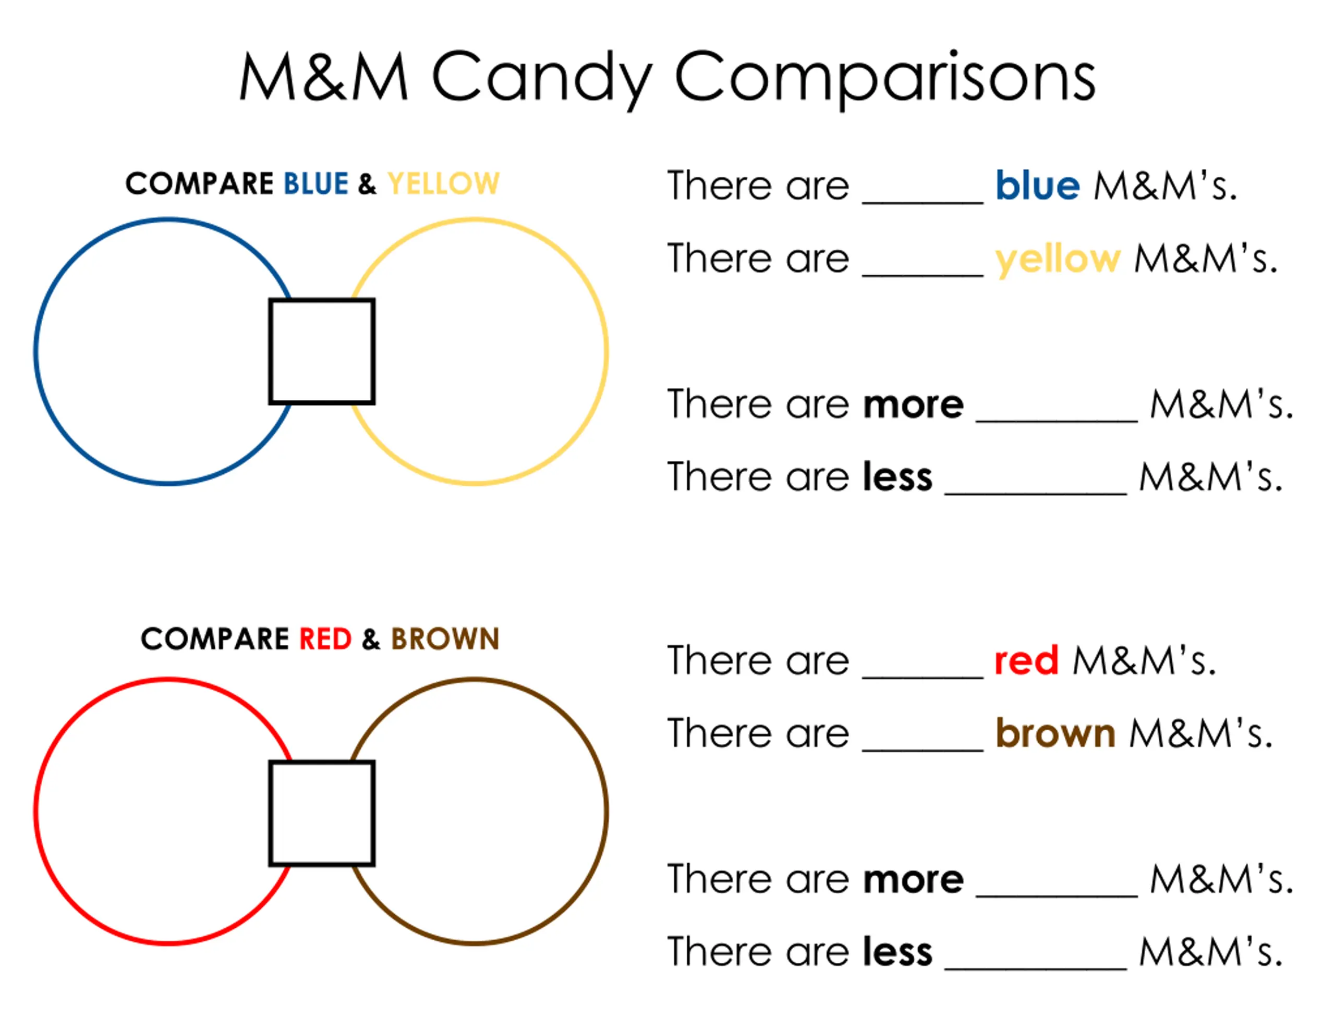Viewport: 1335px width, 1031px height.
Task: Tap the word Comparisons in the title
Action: [x=885, y=79]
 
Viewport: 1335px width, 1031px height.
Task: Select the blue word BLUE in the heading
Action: [x=316, y=183]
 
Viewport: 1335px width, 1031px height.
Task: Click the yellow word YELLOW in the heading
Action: [x=443, y=183]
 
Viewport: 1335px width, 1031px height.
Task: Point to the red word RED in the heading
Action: [x=325, y=639]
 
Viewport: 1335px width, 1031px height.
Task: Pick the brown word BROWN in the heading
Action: [x=445, y=639]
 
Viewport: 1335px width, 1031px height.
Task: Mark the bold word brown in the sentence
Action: [x=1055, y=733]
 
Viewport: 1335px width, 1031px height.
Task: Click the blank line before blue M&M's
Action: [x=923, y=202]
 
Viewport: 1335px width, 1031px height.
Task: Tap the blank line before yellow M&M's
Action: [x=923, y=276]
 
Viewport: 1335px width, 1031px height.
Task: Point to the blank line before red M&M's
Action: [x=923, y=677]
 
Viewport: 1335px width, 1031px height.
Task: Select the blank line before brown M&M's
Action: [x=923, y=750]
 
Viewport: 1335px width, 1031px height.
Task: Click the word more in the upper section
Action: [x=913, y=405]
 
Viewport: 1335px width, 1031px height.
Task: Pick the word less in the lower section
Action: [x=898, y=952]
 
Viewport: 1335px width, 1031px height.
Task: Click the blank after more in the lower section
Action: [x=1057, y=896]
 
